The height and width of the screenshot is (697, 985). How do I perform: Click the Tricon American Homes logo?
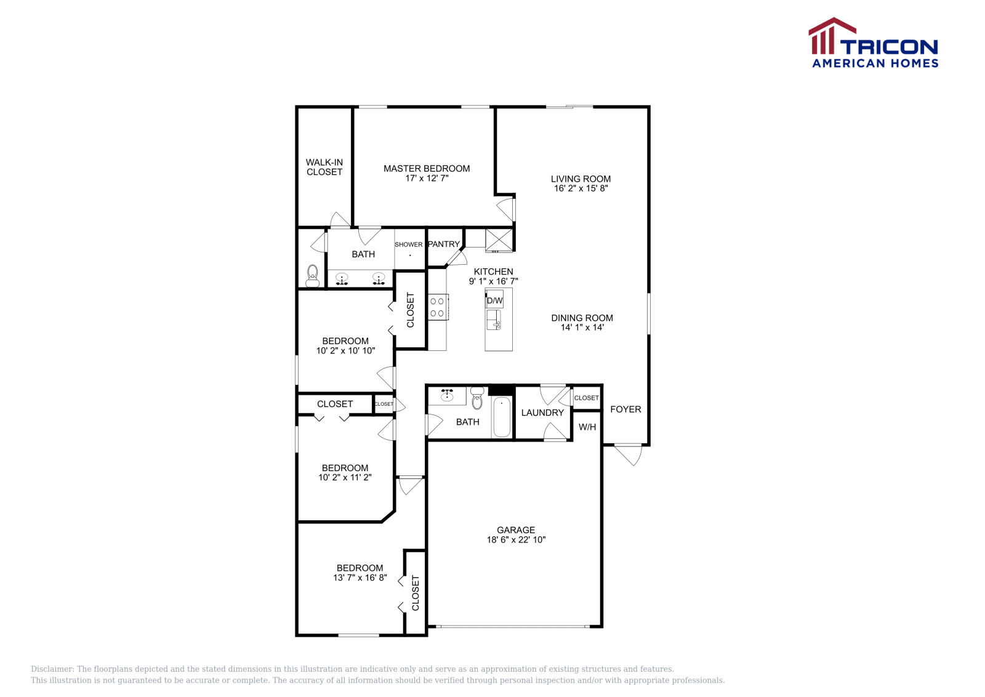873,43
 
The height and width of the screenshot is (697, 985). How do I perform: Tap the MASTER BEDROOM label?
427,168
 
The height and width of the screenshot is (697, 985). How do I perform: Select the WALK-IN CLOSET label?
324,167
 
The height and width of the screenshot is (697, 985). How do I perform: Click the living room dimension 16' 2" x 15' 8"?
581,188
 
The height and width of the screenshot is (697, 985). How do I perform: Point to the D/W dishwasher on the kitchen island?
494,300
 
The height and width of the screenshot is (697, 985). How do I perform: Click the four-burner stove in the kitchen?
438,307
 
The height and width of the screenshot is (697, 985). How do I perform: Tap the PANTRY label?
444,244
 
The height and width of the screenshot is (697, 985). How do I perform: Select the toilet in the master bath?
313,275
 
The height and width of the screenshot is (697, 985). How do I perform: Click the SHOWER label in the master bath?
409,244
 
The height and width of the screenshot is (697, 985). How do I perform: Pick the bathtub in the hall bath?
502,417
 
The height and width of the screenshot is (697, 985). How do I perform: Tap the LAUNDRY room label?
542,413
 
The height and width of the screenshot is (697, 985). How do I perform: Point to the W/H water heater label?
587,427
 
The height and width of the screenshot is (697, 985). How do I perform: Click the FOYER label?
625,409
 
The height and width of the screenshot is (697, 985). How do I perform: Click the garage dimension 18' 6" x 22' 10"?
516,539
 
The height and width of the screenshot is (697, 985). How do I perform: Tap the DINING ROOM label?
582,318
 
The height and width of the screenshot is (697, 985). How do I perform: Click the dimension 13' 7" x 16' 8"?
360,578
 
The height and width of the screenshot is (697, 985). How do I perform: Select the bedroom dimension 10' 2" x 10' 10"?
345,350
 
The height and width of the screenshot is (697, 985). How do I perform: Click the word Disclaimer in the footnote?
52,669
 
